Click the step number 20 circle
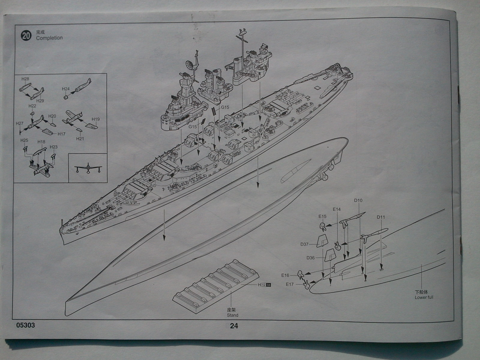[26, 36]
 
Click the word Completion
[49, 38]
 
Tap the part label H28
[25, 79]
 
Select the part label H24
[66, 89]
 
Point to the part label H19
[96, 119]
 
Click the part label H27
[19, 123]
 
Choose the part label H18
[41, 142]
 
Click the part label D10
[358, 200]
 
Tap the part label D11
[381, 217]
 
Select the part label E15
[322, 216]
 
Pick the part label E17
[289, 284]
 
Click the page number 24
[234, 326]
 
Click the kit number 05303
[26, 325]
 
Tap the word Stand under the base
[232, 315]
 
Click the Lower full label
[424, 298]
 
